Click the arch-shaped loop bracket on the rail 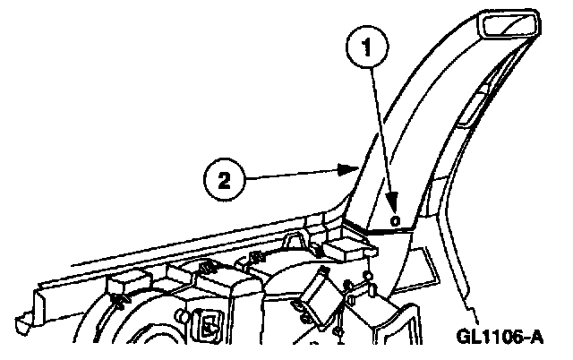[x=205, y=266]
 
